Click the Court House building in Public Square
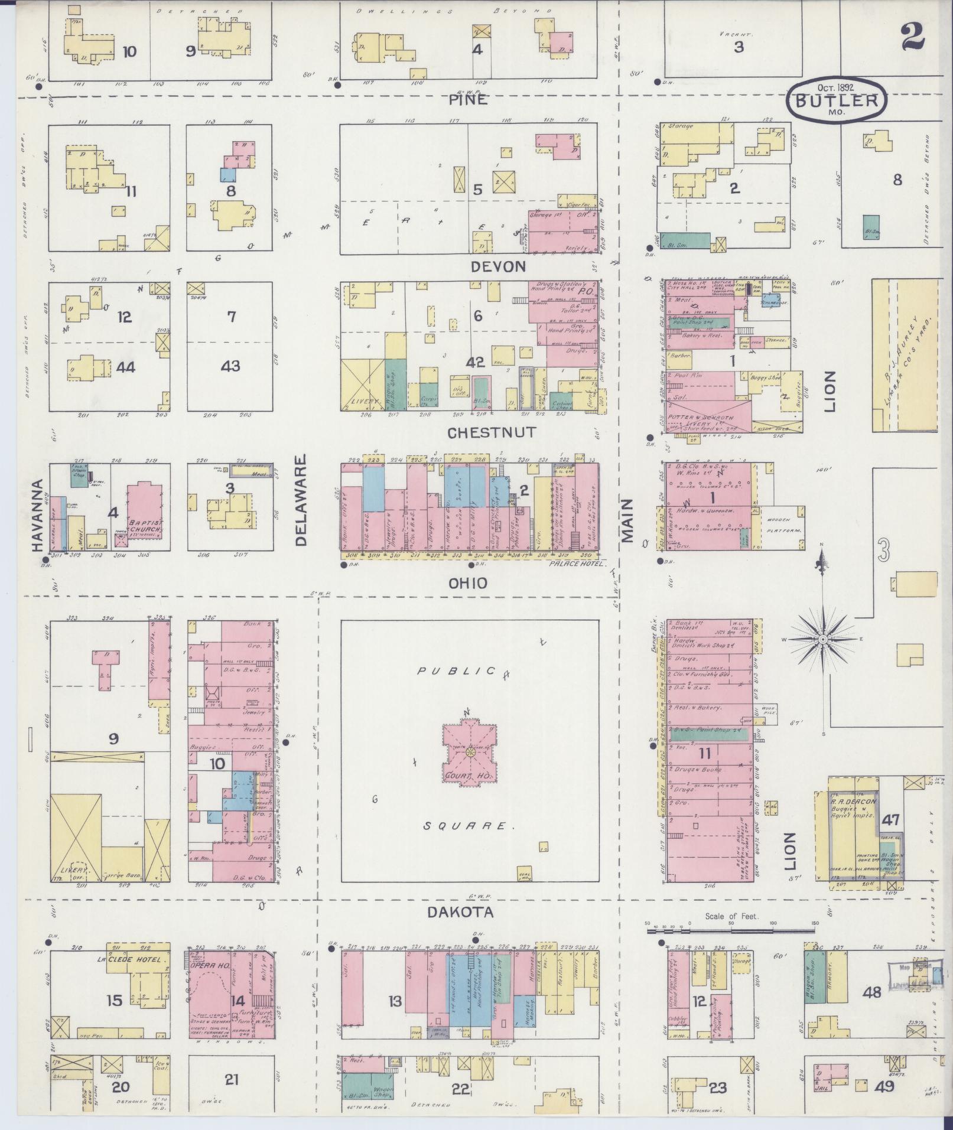[x=470, y=752]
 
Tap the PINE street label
[x=468, y=99]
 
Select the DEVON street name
[x=497, y=267]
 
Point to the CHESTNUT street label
[x=492, y=432]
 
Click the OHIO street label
[x=468, y=584]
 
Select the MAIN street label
[x=627, y=520]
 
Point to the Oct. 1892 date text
[x=837, y=86]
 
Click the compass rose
[x=822, y=640]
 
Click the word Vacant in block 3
[x=736, y=34]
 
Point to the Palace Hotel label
[x=577, y=564]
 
